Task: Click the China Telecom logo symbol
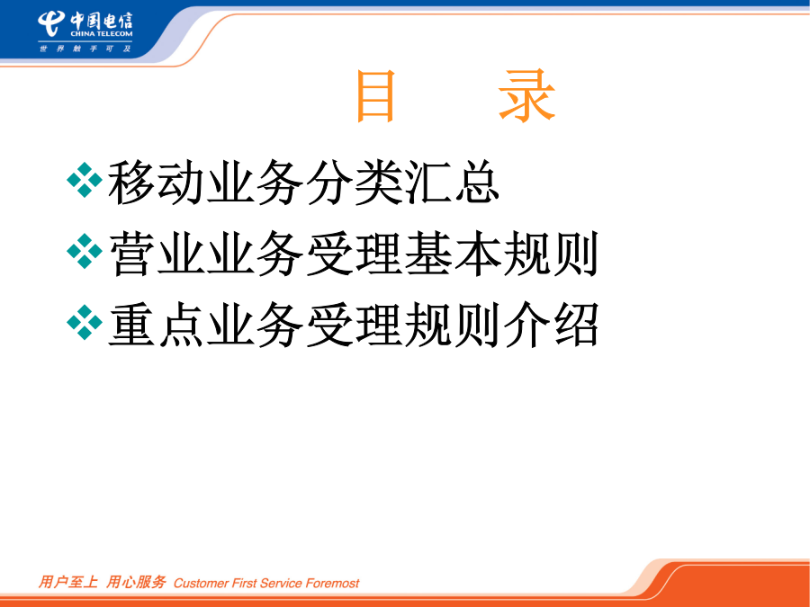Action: (x=51, y=23)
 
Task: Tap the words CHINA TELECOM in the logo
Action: (x=101, y=34)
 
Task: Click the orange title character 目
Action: (x=375, y=96)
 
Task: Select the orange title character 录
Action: (x=526, y=96)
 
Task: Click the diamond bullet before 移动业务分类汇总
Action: (x=85, y=180)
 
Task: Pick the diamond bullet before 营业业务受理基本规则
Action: (x=85, y=252)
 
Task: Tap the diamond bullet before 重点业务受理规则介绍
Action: (x=85, y=323)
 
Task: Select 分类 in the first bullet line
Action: (x=354, y=183)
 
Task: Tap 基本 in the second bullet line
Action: (x=453, y=254)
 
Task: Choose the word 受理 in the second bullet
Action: (x=354, y=254)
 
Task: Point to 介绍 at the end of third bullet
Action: (x=551, y=325)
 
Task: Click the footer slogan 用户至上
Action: (x=67, y=582)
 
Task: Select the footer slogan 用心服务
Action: (x=136, y=582)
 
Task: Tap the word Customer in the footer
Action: (x=201, y=584)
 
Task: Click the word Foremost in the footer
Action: (x=332, y=584)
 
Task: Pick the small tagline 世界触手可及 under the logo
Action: (x=85, y=49)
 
